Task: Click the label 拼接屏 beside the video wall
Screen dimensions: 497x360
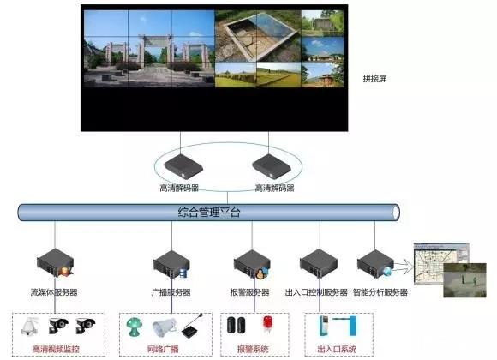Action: (x=374, y=79)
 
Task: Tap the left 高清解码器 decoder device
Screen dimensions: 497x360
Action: (x=183, y=167)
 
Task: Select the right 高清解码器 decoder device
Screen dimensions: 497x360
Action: (x=272, y=167)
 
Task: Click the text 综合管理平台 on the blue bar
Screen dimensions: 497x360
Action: (x=209, y=213)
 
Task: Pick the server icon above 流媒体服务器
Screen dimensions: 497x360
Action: (x=56, y=263)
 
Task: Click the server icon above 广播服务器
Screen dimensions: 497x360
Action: (x=171, y=265)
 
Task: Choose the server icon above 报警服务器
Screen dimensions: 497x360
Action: (x=252, y=265)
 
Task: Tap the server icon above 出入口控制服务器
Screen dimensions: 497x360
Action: (x=319, y=264)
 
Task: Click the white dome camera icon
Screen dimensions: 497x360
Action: (x=29, y=327)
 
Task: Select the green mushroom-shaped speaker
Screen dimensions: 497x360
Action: (x=134, y=327)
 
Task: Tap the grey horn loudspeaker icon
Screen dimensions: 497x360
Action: (x=164, y=328)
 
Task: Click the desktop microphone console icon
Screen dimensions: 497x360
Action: (x=193, y=326)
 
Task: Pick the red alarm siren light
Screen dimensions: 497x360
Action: (x=267, y=325)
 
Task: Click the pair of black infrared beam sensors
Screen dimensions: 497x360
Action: (x=237, y=325)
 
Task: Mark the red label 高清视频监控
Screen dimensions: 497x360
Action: (x=56, y=349)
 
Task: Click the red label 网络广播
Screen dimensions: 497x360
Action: (x=163, y=349)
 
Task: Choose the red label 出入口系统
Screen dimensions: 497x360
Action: (x=337, y=349)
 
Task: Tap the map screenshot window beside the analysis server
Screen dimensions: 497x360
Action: (x=437, y=262)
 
